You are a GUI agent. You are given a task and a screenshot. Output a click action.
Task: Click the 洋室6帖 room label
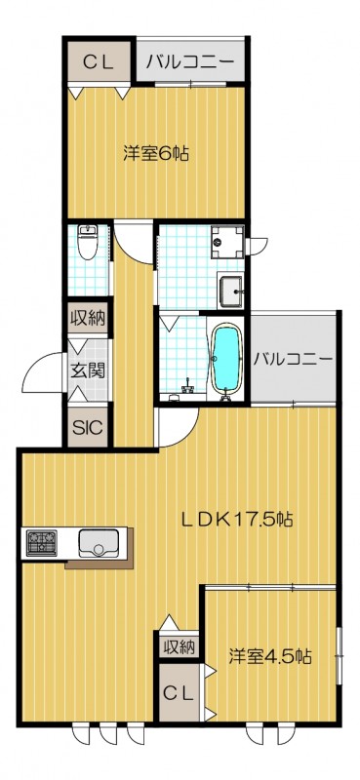(156, 153)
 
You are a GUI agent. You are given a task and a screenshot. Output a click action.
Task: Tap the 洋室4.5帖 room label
(270, 656)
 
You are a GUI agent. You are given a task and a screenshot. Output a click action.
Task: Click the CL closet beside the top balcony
(99, 63)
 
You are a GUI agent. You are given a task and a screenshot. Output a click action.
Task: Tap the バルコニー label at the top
(190, 63)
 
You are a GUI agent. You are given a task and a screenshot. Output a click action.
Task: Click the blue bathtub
(225, 358)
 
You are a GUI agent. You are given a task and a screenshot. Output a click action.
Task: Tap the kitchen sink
(98, 541)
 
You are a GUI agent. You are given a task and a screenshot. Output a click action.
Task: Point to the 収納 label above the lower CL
(179, 646)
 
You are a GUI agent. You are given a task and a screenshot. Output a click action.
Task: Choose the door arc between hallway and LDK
(178, 427)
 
